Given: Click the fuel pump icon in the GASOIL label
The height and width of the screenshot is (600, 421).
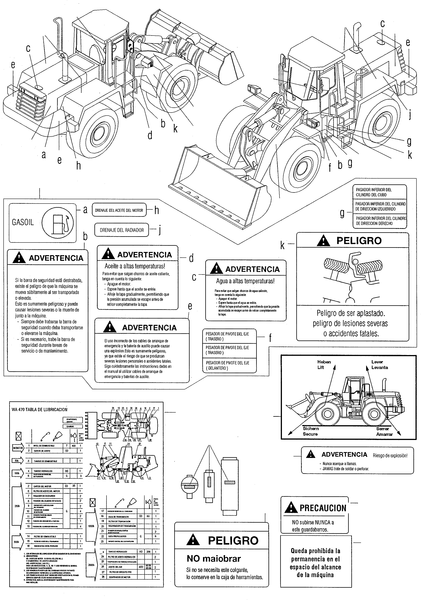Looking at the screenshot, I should [58, 223].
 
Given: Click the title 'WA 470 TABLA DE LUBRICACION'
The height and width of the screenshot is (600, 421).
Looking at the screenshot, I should [40, 410].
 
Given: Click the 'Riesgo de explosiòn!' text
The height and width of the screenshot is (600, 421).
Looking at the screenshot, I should [390, 455].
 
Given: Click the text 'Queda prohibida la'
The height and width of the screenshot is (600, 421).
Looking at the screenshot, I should [315, 551].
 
